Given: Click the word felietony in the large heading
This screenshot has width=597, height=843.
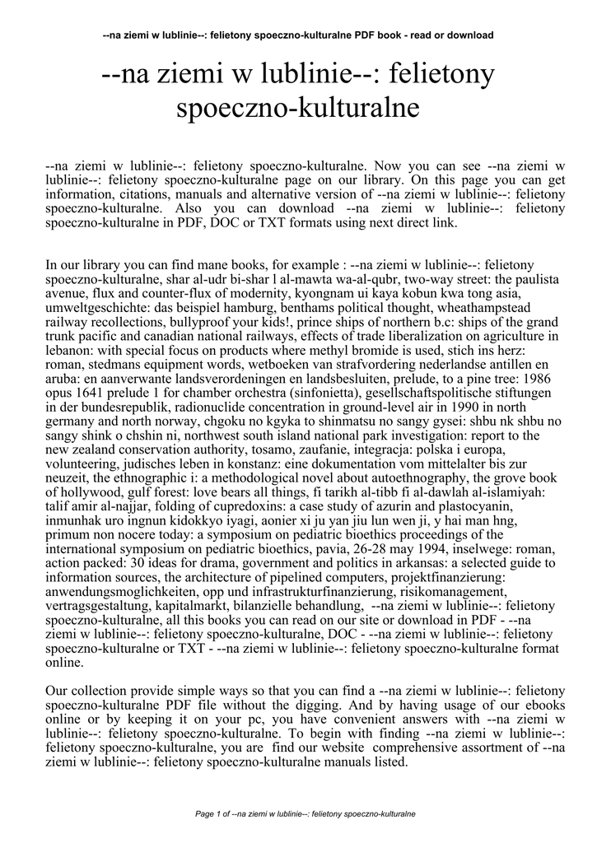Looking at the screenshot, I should (x=443, y=75).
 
